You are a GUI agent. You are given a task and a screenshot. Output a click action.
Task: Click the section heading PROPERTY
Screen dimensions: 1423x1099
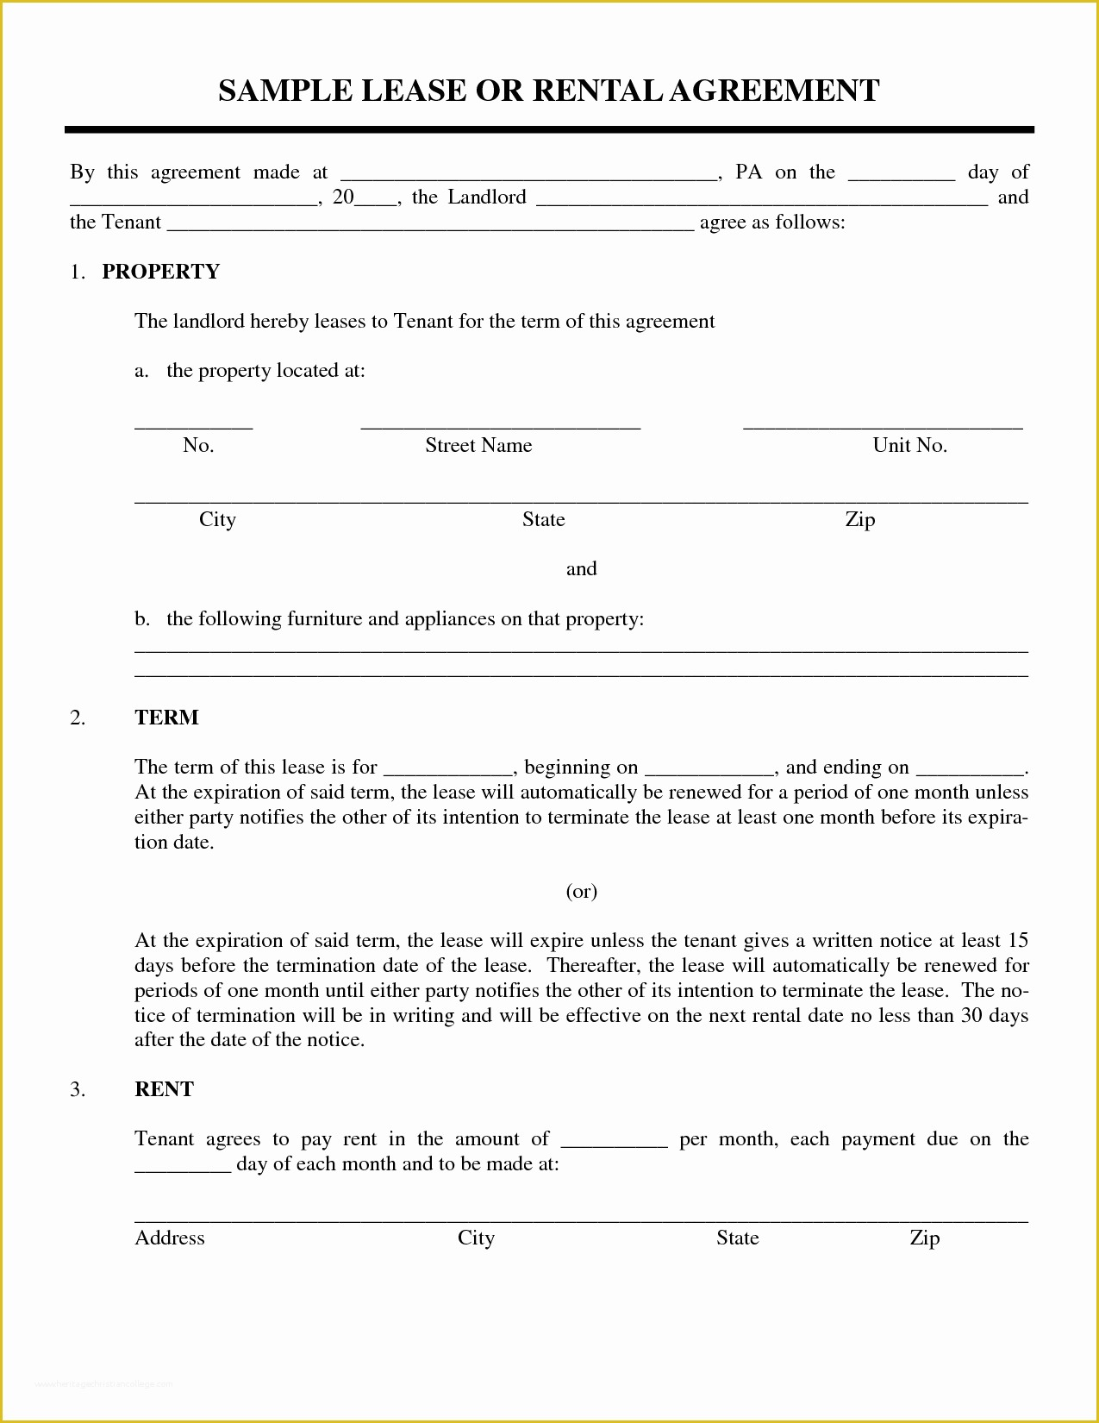pos(160,272)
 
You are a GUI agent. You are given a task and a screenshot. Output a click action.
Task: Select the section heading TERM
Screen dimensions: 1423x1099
pos(166,718)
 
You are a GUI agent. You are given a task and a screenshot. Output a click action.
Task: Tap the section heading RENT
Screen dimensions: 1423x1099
pos(164,1089)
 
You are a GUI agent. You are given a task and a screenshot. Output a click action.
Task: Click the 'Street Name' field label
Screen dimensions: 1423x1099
pos(478,446)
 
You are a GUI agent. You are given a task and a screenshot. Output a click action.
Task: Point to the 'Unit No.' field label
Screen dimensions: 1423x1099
pos(909,446)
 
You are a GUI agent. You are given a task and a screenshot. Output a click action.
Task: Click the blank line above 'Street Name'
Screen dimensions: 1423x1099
pos(500,424)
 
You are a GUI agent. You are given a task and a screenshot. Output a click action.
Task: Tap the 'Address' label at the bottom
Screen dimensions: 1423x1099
pos(170,1238)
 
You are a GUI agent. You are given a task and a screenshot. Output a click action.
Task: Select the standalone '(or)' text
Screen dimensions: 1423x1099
pos(581,891)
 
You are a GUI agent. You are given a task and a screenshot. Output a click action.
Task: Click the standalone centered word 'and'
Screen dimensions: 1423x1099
pos(581,569)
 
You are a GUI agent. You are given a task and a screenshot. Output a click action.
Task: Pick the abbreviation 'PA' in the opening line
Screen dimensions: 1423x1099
pos(748,172)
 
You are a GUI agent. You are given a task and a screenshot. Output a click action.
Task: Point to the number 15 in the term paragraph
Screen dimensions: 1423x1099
pos(1017,941)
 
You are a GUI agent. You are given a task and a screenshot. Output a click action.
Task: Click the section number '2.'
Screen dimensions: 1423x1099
pos(78,718)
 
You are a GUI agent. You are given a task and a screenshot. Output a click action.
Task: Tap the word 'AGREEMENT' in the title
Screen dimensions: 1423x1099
pos(774,91)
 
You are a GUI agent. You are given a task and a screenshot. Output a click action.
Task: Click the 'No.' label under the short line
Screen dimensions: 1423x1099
pos(198,446)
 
